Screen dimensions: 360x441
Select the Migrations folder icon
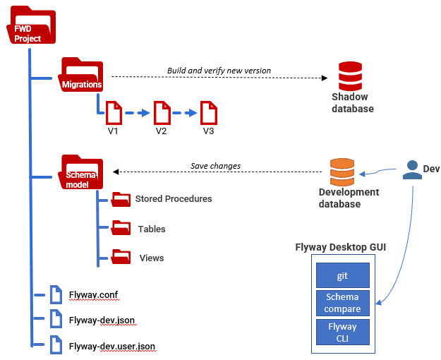tap(82, 75)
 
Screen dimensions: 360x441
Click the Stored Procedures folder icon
tap(121, 199)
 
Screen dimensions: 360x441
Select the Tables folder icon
tap(121, 229)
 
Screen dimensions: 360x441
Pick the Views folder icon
tap(121, 257)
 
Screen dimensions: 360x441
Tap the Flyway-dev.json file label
tap(102, 320)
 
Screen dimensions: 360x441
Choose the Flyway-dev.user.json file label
tap(112, 346)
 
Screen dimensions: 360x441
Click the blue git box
tap(342, 275)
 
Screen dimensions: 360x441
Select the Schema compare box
tap(342, 303)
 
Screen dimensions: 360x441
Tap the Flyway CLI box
tap(342, 332)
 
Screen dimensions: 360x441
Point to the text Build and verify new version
tap(219, 71)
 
